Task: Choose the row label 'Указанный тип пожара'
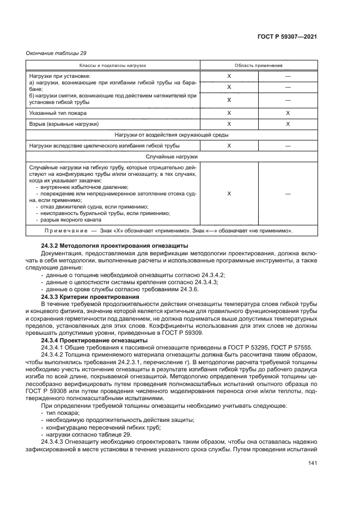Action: click(x=58, y=113)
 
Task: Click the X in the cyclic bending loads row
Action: click(x=229, y=145)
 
